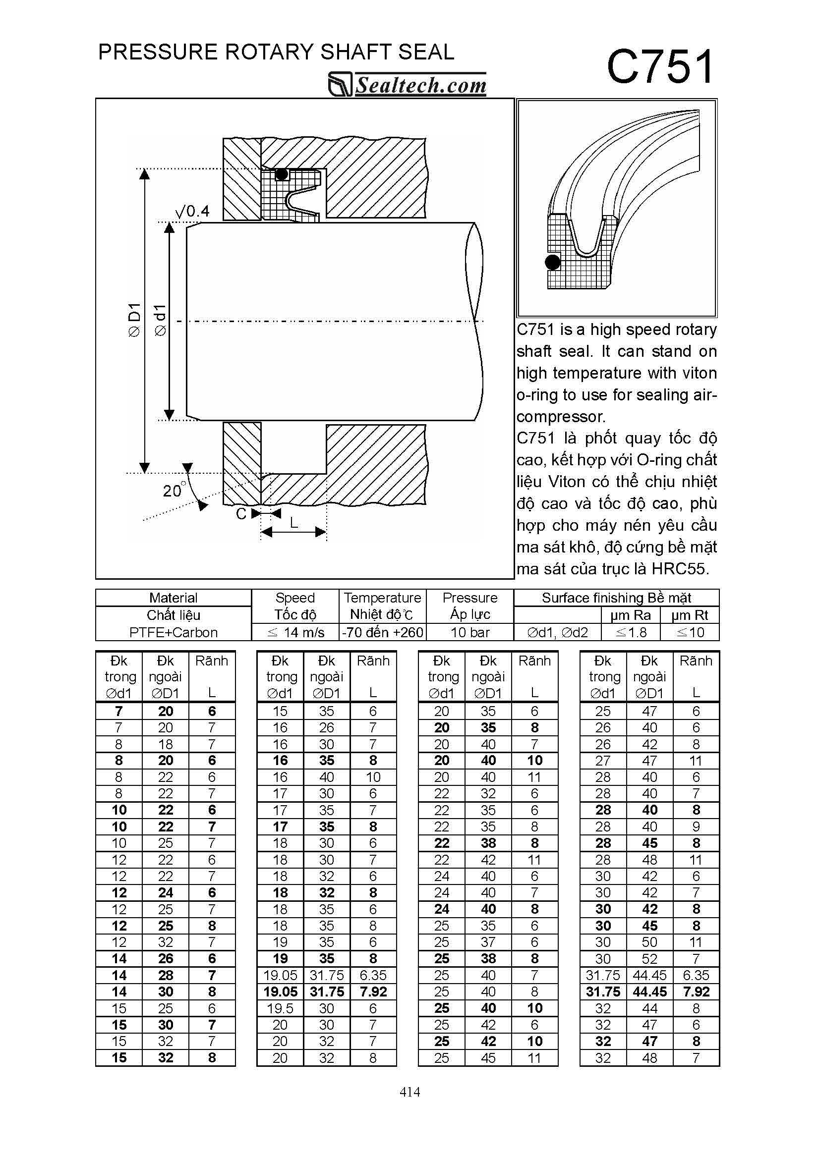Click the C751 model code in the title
[659, 67]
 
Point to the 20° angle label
[174, 490]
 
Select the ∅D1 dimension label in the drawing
[134, 320]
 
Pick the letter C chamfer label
[241, 513]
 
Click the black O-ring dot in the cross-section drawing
[282, 174]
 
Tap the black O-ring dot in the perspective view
[553, 262]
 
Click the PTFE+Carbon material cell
[173, 632]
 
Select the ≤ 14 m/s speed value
[295, 632]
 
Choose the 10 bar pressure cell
[470, 632]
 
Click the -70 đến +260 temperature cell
[383, 632]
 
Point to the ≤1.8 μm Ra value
[631, 632]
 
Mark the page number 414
[410, 1092]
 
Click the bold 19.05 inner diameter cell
[280, 992]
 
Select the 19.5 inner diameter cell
[280, 1008]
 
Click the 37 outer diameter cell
[488, 942]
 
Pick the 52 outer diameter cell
[649, 959]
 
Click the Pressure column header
[470, 598]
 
